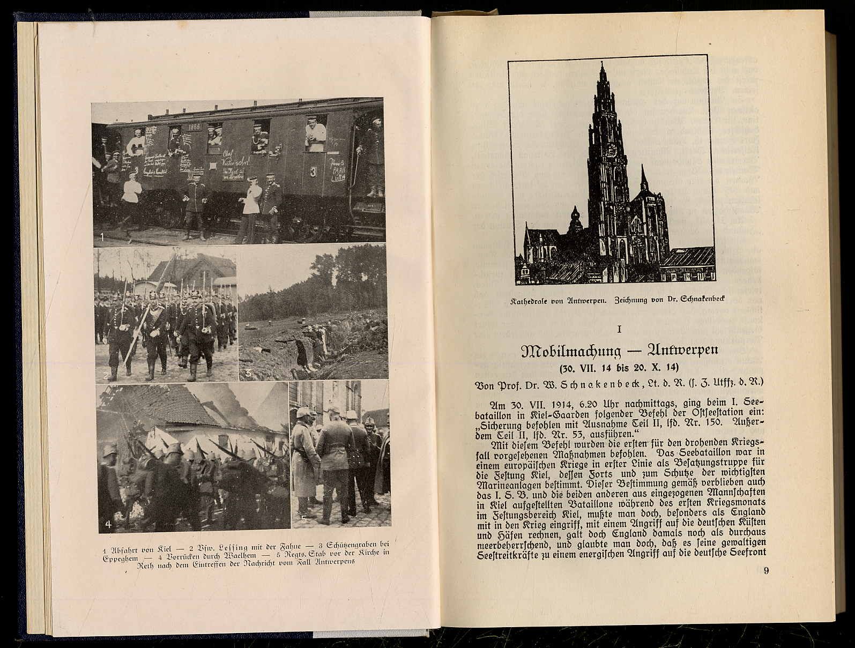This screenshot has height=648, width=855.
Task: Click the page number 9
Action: tap(766, 571)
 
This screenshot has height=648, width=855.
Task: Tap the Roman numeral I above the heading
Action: tap(619, 329)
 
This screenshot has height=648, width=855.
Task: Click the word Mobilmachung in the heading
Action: tap(571, 351)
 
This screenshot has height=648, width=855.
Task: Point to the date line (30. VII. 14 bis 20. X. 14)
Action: tap(619, 368)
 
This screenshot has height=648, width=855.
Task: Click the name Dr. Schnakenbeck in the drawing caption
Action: tap(696, 301)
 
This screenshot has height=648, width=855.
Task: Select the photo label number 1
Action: tap(101, 236)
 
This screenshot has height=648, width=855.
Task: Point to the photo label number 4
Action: tap(108, 524)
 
